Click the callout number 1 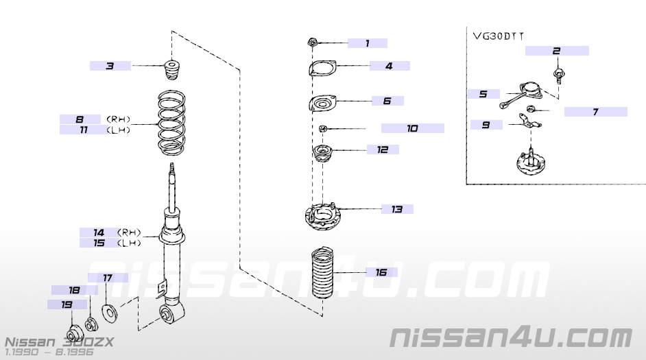[x=367, y=43]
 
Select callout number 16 [x=381, y=272]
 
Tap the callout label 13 [x=397, y=209]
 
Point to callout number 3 [x=110, y=66]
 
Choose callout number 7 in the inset [x=595, y=111]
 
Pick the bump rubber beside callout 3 [x=171, y=71]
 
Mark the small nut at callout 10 [x=322, y=128]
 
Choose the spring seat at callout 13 [x=322, y=219]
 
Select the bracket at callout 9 [x=529, y=124]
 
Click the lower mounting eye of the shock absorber [x=170, y=314]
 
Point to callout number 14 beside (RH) [x=99, y=232]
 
